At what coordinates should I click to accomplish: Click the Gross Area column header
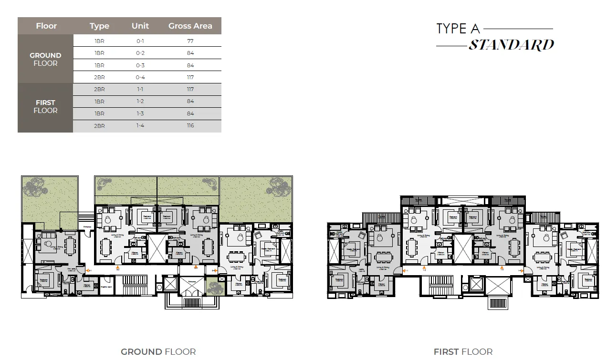[x=190, y=26]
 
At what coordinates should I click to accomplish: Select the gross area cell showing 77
[x=190, y=41]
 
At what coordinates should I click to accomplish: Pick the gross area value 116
[x=190, y=126]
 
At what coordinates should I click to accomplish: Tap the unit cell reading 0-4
[x=140, y=77]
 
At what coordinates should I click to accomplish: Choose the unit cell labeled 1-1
[x=140, y=89]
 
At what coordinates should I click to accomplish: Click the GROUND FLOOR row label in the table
[x=46, y=59]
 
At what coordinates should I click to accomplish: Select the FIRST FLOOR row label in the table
[x=46, y=106]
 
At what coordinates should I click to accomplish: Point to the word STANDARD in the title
[x=511, y=45]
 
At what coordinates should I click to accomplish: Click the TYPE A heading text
[x=458, y=29]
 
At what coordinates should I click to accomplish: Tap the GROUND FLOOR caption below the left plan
[x=158, y=352]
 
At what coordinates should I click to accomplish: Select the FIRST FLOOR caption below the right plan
[x=463, y=352]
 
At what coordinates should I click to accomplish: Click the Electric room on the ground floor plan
[x=106, y=287]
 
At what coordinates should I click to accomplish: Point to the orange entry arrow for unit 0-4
[x=216, y=270]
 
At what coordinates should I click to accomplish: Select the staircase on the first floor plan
[x=439, y=286]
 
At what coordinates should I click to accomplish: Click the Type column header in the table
[x=99, y=26]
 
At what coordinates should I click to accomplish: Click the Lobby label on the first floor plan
[x=363, y=270]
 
